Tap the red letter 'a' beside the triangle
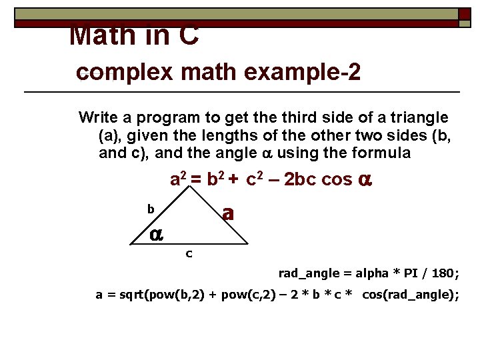click(x=228, y=213)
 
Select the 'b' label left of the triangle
click(x=151, y=209)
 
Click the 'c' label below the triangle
click(x=189, y=253)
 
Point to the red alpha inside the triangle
click(x=156, y=233)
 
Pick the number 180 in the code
click(x=444, y=273)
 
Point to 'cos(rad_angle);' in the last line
click(x=410, y=295)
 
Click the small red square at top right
click(x=464, y=13)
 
